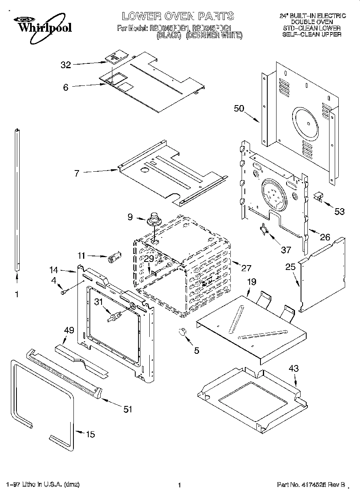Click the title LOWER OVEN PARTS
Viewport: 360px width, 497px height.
point(177,16)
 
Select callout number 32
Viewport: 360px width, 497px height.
point(65,65)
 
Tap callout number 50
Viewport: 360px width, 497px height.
point(239,108)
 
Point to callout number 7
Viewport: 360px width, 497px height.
point(77,173)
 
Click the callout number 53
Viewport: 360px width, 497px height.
point(340,211)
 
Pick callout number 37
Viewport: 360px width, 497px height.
point(285,250)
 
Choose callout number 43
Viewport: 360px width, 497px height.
point(294,369)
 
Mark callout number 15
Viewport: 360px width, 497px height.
point(91,434)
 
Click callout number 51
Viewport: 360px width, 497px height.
point(128,409)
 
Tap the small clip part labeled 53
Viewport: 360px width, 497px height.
point(318,197)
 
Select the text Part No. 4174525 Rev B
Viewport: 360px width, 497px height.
point(311,485)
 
